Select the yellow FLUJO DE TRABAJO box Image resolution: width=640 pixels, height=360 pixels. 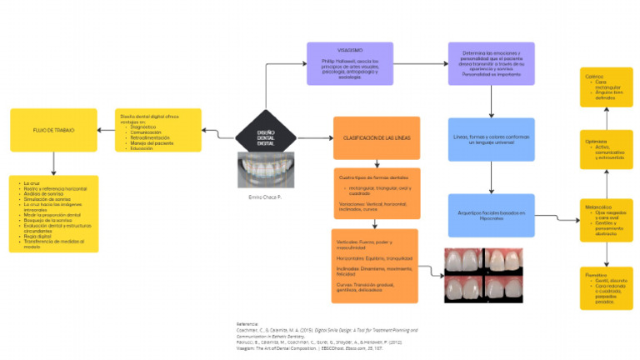48,129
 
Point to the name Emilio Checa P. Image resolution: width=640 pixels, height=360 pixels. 266,197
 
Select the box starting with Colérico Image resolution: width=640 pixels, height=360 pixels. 606,87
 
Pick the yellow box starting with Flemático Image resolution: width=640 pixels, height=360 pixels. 606,287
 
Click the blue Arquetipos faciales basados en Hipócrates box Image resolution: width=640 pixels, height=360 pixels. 491,214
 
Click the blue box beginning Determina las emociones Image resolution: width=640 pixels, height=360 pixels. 491,63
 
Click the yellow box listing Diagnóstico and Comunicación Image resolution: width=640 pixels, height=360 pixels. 158,130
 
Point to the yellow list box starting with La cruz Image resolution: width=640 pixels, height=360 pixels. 54,213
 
